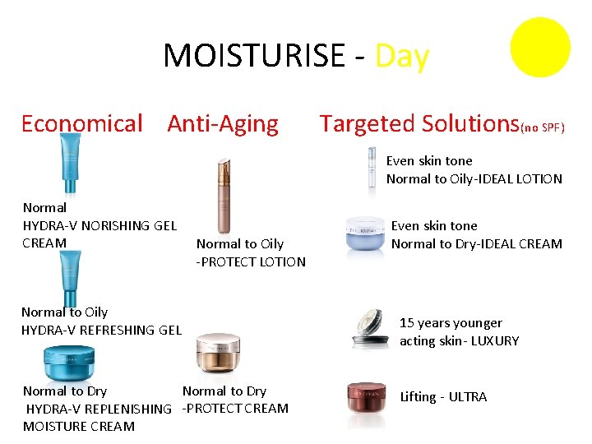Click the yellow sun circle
[539, 47]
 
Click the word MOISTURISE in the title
[254, 56]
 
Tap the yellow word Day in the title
[402, 56]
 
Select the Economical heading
[81, 124]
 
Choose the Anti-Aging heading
[223, 124]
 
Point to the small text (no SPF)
[543, 127]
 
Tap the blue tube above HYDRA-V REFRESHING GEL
[72, 277]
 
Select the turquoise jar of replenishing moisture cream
[69, 362]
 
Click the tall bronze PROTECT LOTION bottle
[223, 197]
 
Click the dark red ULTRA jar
[366, 396]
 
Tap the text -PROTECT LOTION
[251, 261]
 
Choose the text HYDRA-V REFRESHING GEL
[101, 330]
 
